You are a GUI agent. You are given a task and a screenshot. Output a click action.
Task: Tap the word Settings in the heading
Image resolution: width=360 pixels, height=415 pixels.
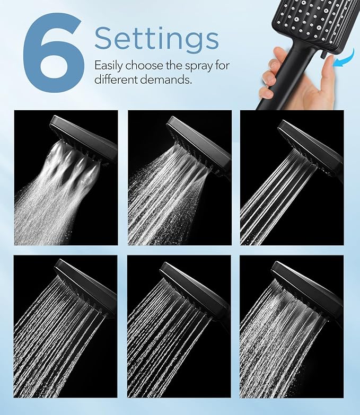(x=156, y=39)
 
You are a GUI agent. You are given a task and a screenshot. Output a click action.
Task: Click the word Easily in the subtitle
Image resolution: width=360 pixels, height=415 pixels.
(x=110, y=66)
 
